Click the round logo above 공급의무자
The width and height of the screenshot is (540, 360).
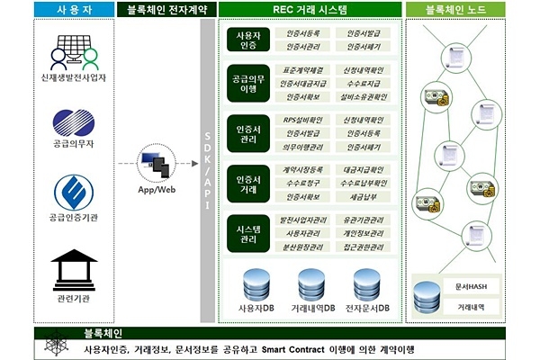74,124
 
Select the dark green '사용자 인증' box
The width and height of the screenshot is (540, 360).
247,40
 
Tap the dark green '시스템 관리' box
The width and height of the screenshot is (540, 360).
247,232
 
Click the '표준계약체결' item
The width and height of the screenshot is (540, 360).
303,69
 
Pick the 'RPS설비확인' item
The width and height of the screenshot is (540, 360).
303,120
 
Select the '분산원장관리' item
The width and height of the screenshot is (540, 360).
303,246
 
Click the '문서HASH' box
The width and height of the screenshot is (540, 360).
463,287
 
